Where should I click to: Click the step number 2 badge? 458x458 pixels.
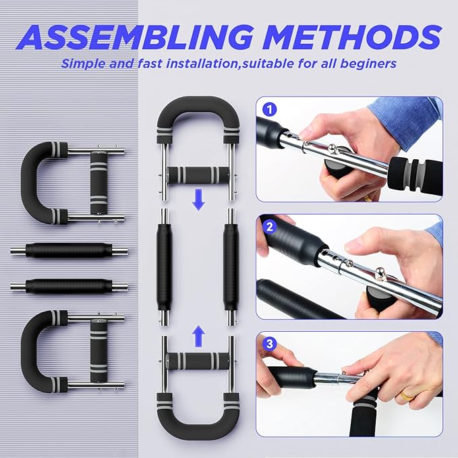269,227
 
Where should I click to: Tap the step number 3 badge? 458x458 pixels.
269,344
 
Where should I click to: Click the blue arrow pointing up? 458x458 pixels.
197,333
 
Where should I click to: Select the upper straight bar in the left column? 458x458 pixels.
67,252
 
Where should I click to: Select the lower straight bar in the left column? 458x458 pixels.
67,286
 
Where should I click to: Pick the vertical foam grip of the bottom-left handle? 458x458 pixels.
98,351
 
